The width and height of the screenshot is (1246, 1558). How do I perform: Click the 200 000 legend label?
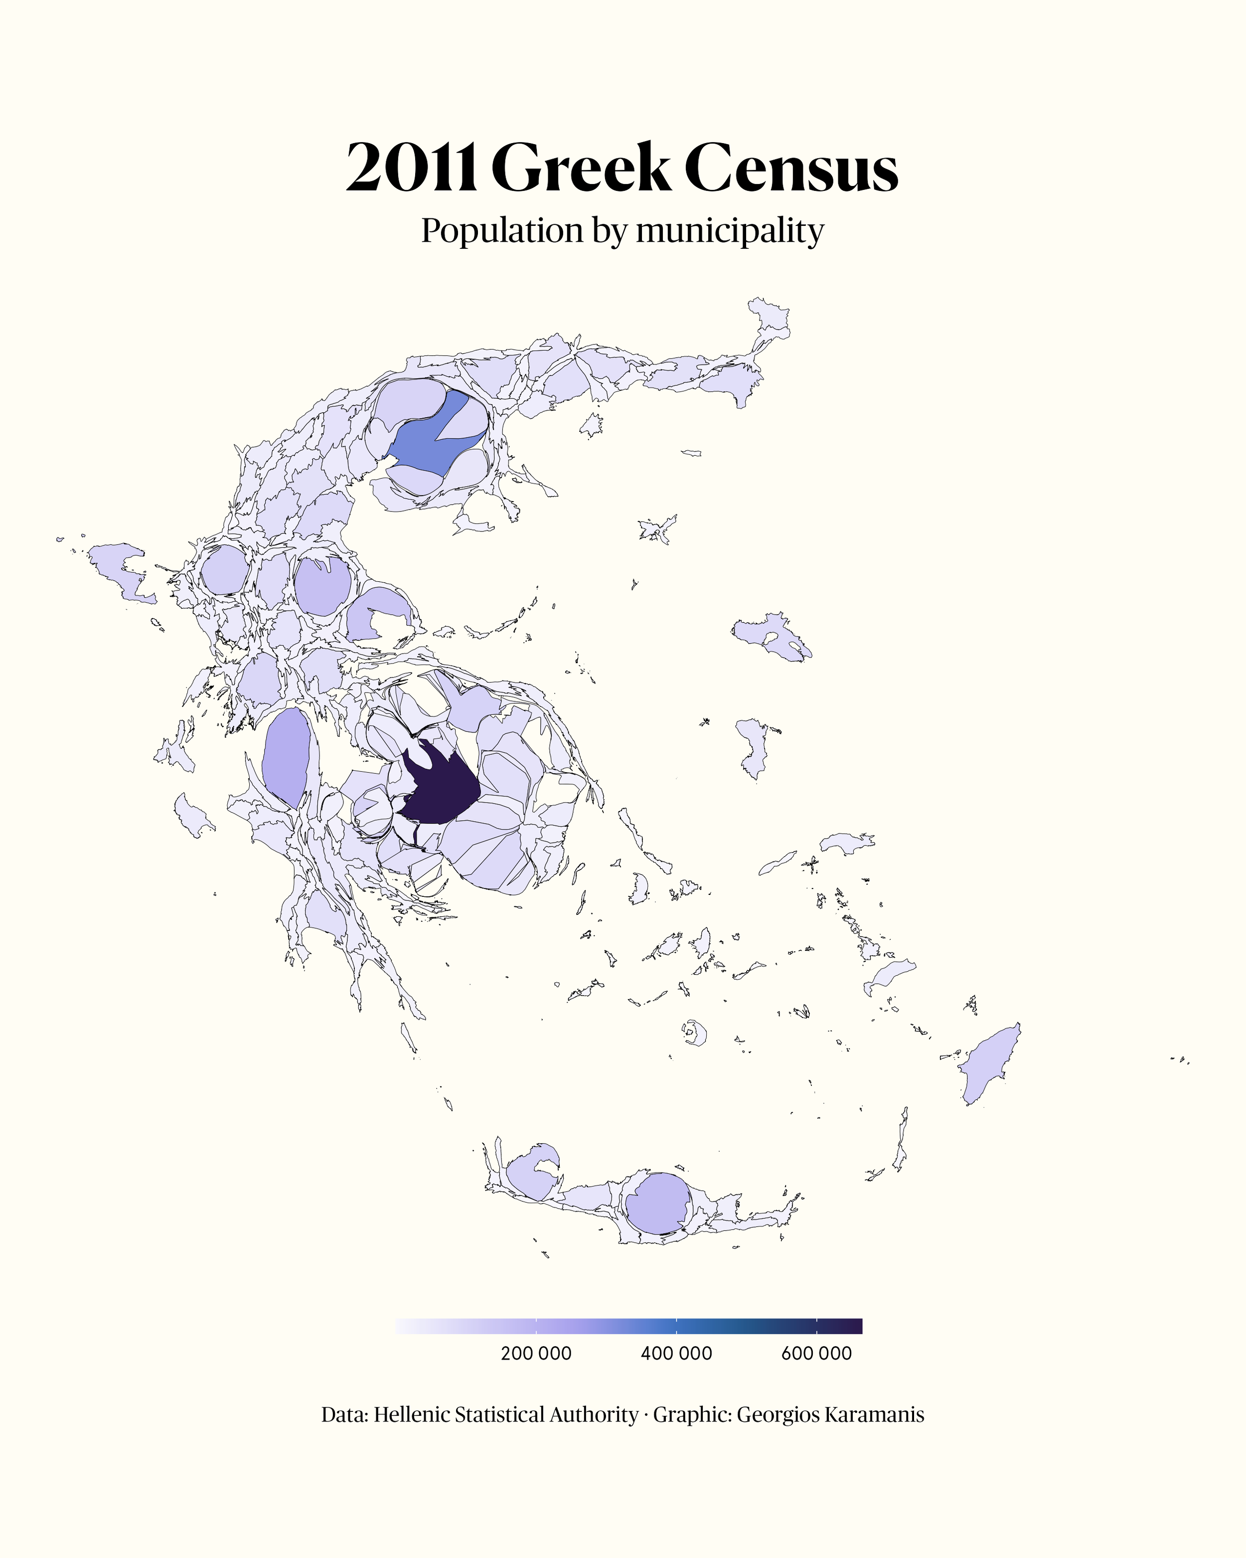(x=536, y=1354)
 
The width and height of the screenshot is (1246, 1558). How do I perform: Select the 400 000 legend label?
(x=676, y=1354)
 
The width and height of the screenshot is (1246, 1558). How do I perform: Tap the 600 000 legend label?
(x=816, y=1354)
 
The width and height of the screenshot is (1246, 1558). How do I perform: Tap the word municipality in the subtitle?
(x=730, y=231)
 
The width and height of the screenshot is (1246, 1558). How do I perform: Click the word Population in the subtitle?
(x=502, y=231)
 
